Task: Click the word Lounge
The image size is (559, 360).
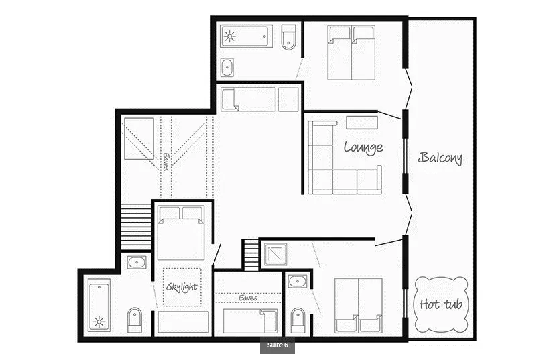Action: pos(363,147)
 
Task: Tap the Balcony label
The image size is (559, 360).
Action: pos(440,158)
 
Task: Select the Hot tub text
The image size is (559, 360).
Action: pos(441,304)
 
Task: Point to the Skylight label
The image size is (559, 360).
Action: pos(182,286)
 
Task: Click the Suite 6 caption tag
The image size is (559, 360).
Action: pos(277,345)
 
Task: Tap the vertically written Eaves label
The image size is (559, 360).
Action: pos(166,162)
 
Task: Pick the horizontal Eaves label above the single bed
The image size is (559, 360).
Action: pos(248,298)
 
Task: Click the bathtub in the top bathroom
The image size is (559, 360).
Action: pos(247,36)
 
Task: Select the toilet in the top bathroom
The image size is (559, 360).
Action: pos(288,38)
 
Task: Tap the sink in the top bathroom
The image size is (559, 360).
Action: pos(227,67)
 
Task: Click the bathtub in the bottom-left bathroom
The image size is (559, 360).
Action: pos(99,305)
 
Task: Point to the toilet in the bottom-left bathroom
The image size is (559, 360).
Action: pos(135,320)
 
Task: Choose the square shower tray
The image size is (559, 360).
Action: pos(275,255)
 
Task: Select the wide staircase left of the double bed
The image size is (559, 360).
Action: pos(136,227)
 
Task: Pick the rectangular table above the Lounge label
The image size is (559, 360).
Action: pos(362,123)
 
